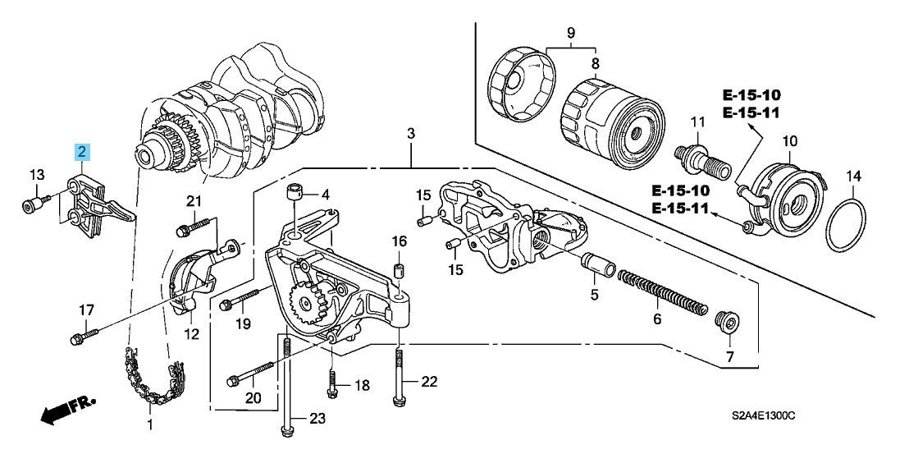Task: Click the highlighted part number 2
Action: click(82, 151)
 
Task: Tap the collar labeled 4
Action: click(295, 195)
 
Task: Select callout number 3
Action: click(411, 133)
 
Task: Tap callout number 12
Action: click(191, 334)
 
